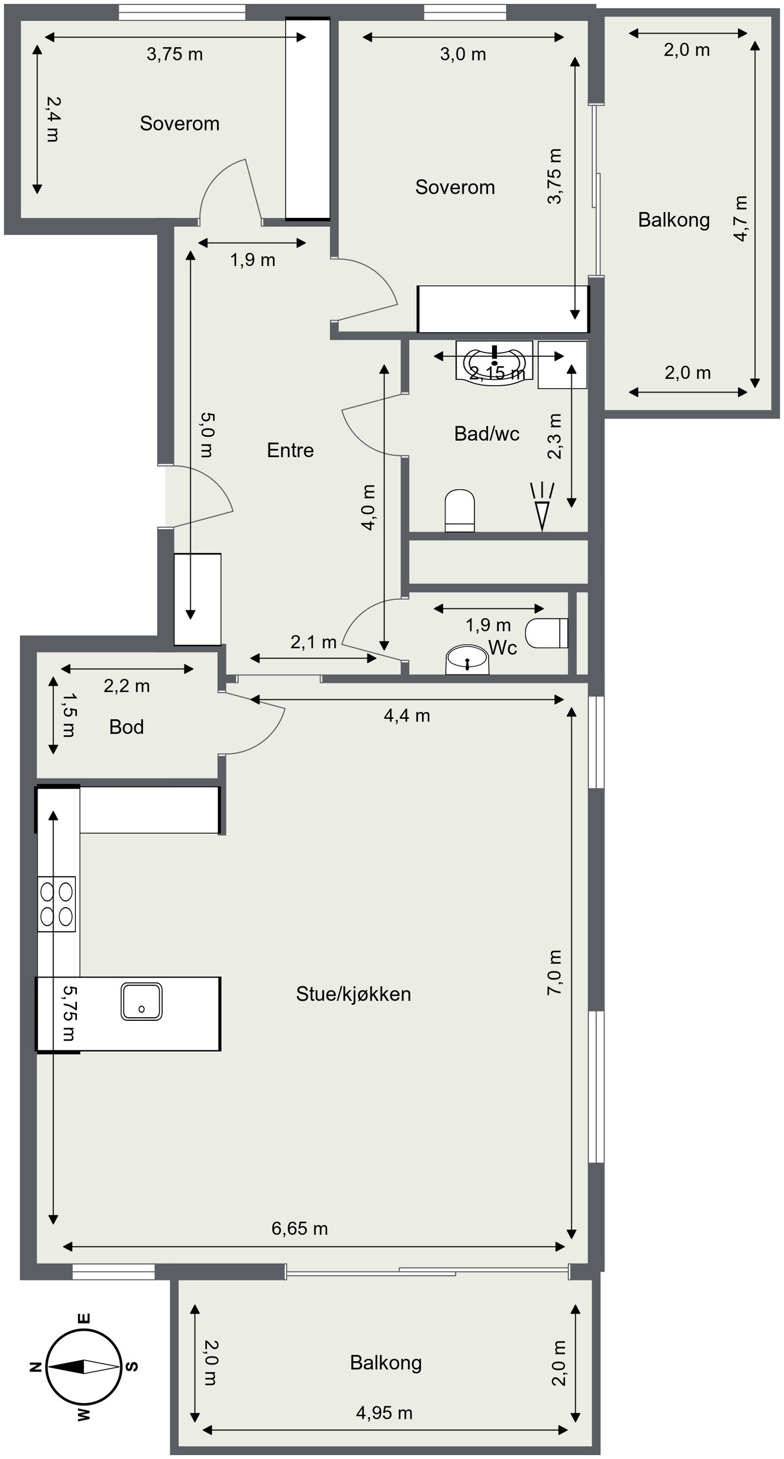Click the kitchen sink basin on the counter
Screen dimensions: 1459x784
[x=141, y=1001]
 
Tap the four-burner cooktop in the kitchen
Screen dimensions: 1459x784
[x=56, y=904]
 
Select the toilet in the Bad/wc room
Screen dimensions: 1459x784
[x=459, y=510]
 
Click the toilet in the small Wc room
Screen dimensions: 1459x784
[x=545, y=633]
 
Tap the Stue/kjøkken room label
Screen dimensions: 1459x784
[x=353, y=994]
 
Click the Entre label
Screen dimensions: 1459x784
[x=290, y=450]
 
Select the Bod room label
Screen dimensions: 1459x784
[x=126, y=727]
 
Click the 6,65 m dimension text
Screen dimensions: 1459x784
[x=299, y=1228]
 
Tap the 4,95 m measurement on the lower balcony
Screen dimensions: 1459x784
[x=384, y=1413]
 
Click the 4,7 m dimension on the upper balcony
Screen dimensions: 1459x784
[x=740, y=219]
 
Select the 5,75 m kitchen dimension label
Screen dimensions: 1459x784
[x=69, y=1013]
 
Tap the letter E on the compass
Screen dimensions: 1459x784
[x=83, y=1318]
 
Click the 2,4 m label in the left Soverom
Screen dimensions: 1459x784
[x=53, y=119]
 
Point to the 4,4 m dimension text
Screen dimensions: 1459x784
[x=407, y=716]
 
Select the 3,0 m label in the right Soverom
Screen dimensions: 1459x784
[x=463, y=54]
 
